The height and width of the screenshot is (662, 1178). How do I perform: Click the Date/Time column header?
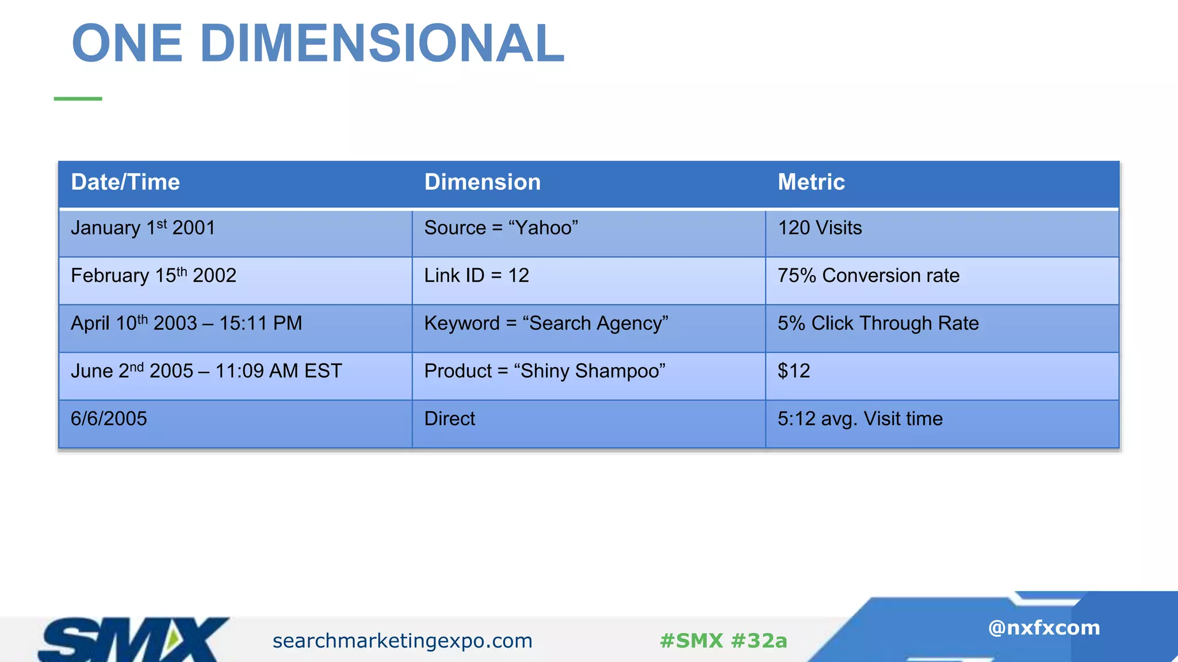[x=125, y=182]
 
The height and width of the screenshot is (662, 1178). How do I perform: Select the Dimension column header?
[x=482, y=182]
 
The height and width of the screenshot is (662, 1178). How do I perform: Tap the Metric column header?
[x=811, y=182]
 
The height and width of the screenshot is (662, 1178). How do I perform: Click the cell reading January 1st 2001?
[x=143, y=228]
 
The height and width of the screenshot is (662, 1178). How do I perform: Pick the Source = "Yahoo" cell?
[x=501, y=228]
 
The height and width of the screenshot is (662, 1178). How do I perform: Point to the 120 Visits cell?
[x=820, y=228]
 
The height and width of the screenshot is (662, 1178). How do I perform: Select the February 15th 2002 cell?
[x=154, y=276]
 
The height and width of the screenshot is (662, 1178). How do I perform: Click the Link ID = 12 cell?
[x=476, y=276]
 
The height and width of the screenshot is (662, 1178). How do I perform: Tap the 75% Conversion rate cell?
[x=869, y=276]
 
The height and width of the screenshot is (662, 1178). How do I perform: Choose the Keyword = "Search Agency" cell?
[x=546, y=324]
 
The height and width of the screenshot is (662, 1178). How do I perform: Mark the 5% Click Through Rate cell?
[x=878, y=324]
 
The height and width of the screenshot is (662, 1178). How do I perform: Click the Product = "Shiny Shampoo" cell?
[x=545, y=371]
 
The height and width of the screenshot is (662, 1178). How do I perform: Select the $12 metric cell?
[x=794, y=371]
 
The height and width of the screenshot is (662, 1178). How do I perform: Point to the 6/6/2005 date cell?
[x=109, y=419]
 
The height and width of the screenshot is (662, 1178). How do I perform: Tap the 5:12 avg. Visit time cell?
[x=860, y=419]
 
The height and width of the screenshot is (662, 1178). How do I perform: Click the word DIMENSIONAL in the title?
[x=383, y=44]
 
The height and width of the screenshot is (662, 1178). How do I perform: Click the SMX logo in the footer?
[x=132, y=639]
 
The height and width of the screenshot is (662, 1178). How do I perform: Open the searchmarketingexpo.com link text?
[x=403, y=641]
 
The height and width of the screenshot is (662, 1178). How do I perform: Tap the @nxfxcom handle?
[x=1043, y=628]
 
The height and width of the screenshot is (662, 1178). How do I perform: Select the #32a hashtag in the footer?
[x=759, y=641]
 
